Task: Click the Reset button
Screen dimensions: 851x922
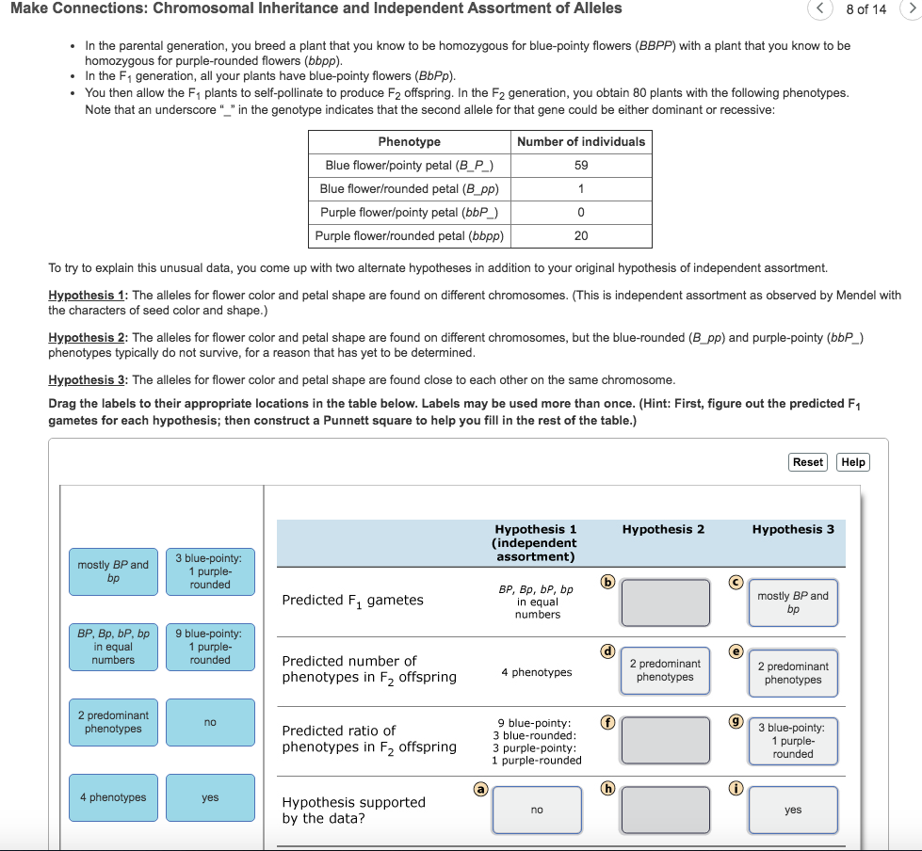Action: coord(808,461)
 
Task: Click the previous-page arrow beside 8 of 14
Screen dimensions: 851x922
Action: coord(819,9)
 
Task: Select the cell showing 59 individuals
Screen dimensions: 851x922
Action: coord(581,165)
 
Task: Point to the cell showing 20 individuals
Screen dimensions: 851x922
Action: coord(581,235)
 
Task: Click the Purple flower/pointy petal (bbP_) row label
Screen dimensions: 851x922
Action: coord(409,212)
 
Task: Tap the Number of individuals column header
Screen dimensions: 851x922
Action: coord(581,141)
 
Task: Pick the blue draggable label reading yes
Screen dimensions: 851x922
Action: coord(210,797)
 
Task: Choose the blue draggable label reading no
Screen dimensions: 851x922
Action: coord(210,722)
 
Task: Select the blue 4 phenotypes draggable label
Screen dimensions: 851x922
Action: coord(112,797)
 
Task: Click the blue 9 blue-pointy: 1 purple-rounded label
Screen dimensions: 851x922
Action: coord(210,647)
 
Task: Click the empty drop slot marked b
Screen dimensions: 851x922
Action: coord(665,602)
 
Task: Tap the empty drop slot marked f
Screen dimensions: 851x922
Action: coord(665,740)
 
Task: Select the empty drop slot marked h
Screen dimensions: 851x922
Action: coord(665,810)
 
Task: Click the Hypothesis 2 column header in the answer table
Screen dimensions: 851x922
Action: coord(665,529)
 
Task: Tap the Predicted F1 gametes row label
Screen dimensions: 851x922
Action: coord(353,600)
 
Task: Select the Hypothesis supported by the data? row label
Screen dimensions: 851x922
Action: coord(354,810)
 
